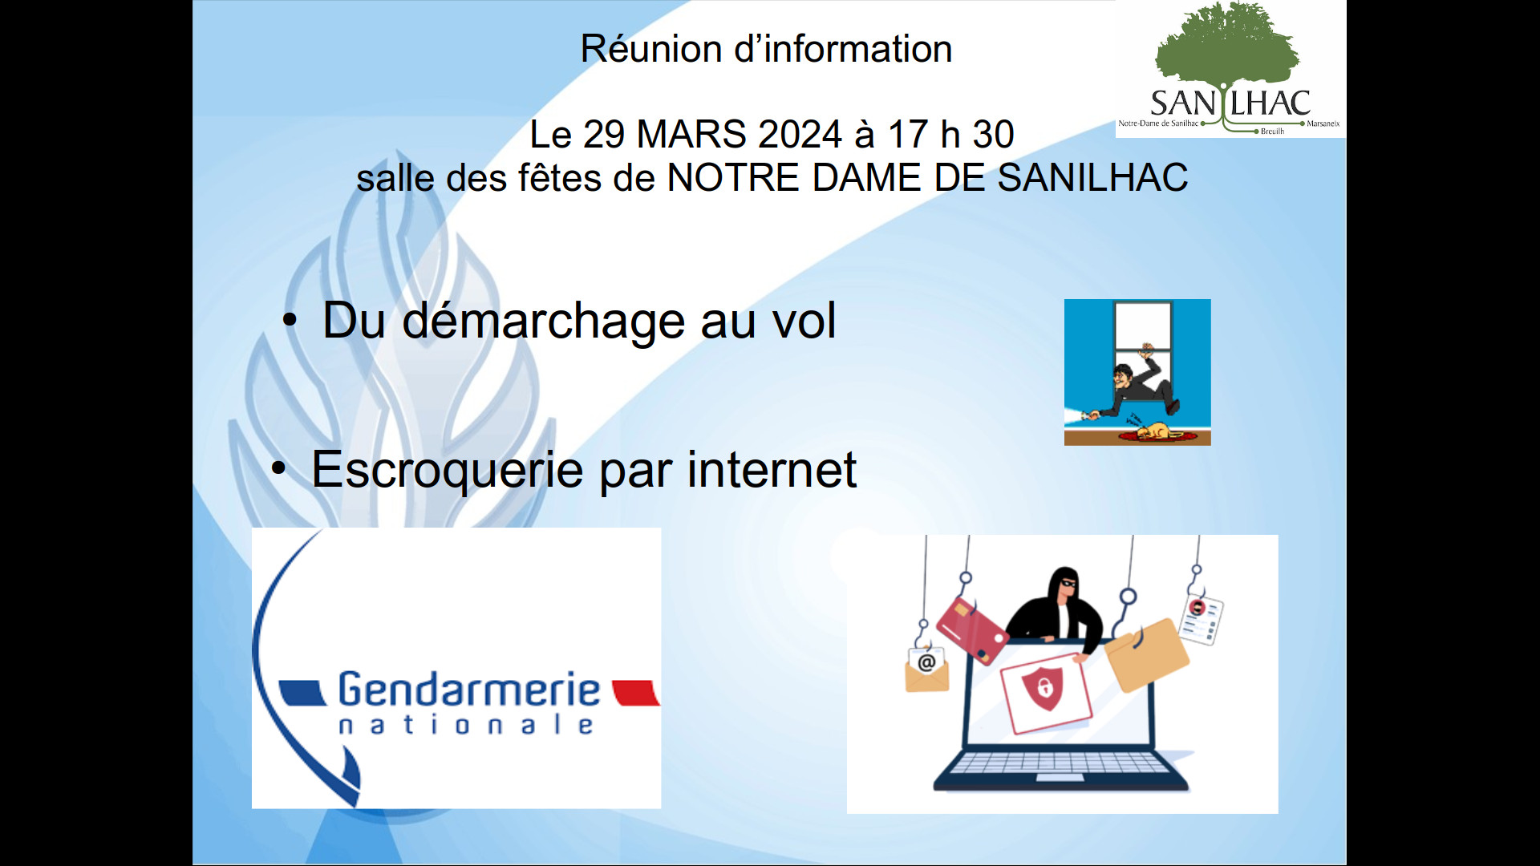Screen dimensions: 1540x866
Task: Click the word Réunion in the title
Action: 650,49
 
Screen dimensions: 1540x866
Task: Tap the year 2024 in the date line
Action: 800,134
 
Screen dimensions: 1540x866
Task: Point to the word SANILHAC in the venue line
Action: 1092,177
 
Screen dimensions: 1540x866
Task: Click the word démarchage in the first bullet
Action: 543,322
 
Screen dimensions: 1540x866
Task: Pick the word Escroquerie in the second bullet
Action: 447,470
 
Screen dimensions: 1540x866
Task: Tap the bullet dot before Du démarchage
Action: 290,321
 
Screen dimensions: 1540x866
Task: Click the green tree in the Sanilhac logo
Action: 1227,44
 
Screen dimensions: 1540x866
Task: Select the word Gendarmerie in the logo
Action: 468,690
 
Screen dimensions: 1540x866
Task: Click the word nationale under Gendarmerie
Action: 466,725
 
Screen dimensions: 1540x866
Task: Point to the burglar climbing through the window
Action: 1138,386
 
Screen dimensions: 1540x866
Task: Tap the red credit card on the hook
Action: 972,630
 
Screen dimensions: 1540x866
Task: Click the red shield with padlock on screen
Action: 1043,686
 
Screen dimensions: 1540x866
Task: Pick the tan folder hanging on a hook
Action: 1147,654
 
